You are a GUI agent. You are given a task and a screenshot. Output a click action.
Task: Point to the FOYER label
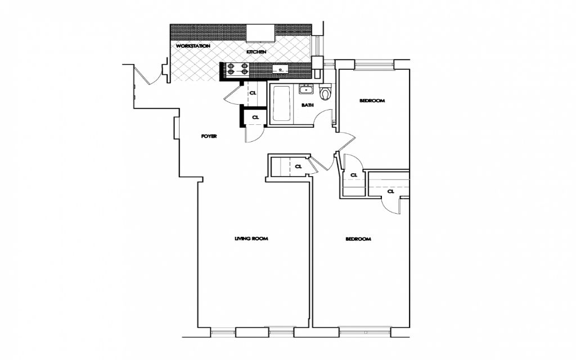209,137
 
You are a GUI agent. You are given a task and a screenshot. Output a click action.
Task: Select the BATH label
307,105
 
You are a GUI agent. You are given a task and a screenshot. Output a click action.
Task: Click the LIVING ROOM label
251,238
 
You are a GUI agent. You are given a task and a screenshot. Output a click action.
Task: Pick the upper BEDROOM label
372,101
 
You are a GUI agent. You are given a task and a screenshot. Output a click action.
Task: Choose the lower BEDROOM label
358,239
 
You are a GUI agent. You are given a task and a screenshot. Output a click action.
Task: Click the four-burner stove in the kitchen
238,69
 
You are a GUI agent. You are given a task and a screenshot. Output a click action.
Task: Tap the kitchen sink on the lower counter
280,70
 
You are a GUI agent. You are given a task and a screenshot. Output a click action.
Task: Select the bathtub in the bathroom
281,103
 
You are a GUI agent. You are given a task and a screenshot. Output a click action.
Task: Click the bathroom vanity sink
307,89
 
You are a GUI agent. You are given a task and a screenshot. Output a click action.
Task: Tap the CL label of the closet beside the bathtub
253,93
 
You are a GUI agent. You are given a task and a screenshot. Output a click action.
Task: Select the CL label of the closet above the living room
298,166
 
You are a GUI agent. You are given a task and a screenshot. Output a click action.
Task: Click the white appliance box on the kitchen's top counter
259,33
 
